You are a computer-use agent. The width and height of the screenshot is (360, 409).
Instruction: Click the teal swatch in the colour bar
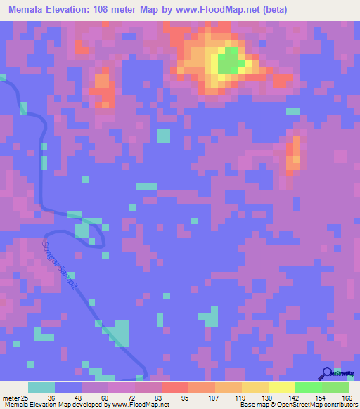pyautogui.click(x=41, y=387)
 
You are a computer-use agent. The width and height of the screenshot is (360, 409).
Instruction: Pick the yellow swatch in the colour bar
pyautogui.click(x=281, y=387)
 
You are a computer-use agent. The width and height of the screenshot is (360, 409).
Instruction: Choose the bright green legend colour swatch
pyautogui.click(x=308, y=387)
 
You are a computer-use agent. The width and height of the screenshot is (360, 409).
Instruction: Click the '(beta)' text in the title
pyautogui.click(x=271, y=10)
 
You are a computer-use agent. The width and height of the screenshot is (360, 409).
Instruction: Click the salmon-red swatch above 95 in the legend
pyautogui.click(x=175, y=387)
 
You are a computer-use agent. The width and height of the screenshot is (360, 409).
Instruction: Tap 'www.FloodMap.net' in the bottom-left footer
pyautogui.click(x=139, y=404)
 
